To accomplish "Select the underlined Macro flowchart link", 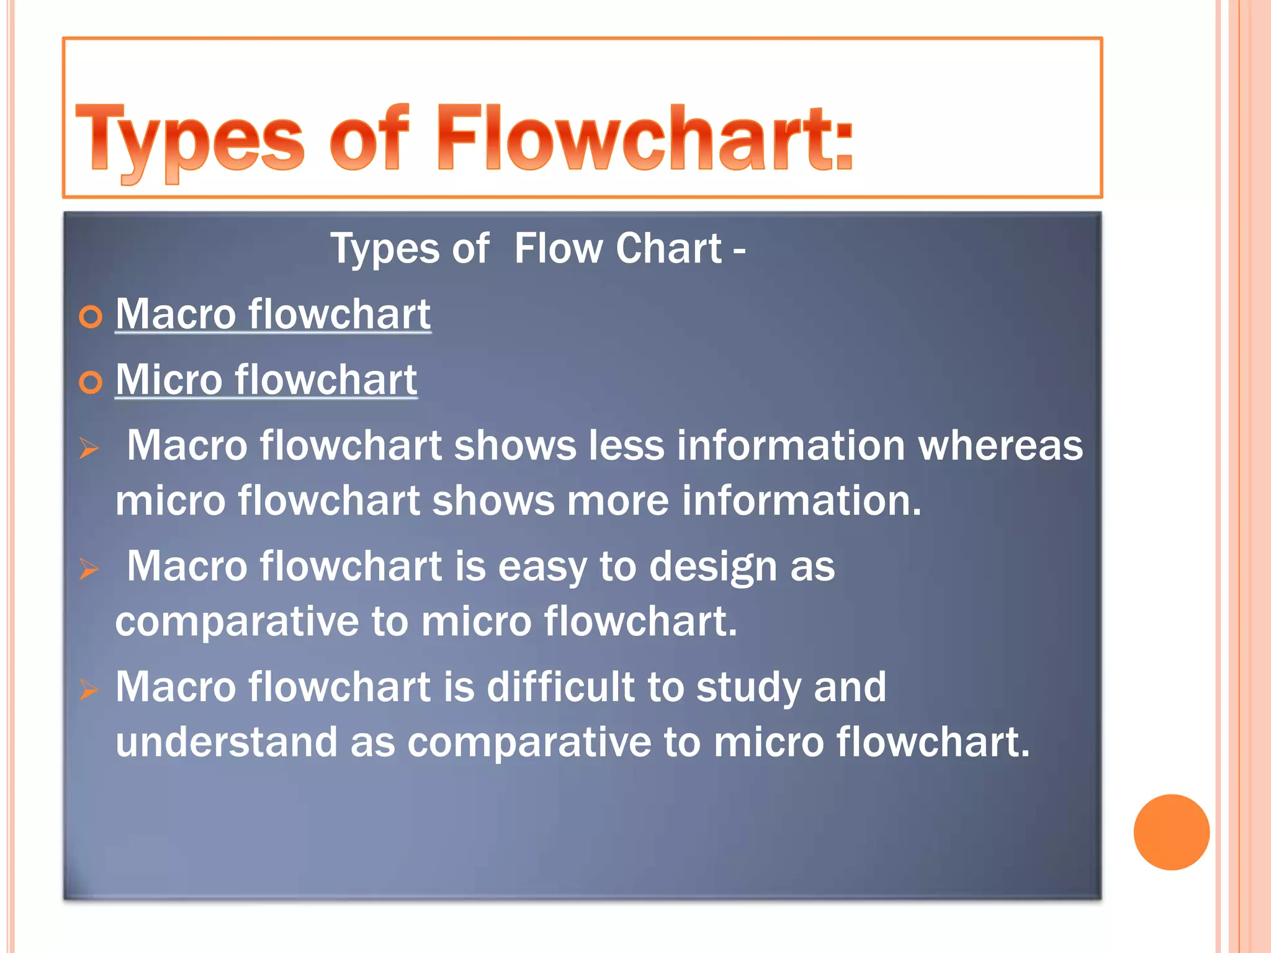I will coord(273,314).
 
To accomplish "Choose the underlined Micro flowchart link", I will coord(266,380).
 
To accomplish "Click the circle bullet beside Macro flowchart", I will coord(91,317).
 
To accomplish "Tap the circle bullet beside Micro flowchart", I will coord(91,383).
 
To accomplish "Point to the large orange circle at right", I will coord(1171,832).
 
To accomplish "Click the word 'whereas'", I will coord(1000,445).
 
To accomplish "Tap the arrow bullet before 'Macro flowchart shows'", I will coord(89,448).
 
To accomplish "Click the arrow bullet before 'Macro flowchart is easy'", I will coord(89,568).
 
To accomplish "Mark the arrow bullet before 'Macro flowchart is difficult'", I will coord(89,689).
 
